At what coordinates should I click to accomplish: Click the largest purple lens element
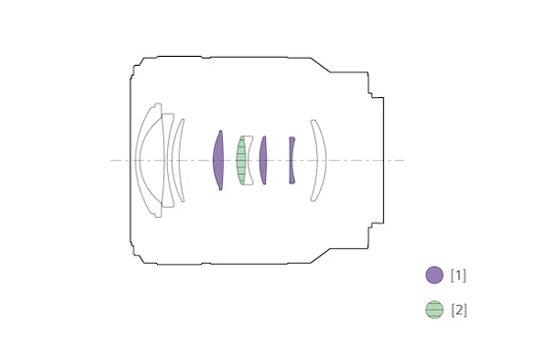point(218,161)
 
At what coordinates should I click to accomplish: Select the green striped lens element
point(242,161)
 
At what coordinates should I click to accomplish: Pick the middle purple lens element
point(263,161)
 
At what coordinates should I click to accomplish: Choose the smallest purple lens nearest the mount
point(292,161)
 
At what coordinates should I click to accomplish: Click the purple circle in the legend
point(434,275)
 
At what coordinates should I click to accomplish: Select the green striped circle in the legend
point(434,309)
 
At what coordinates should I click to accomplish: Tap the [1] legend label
point(459,276)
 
